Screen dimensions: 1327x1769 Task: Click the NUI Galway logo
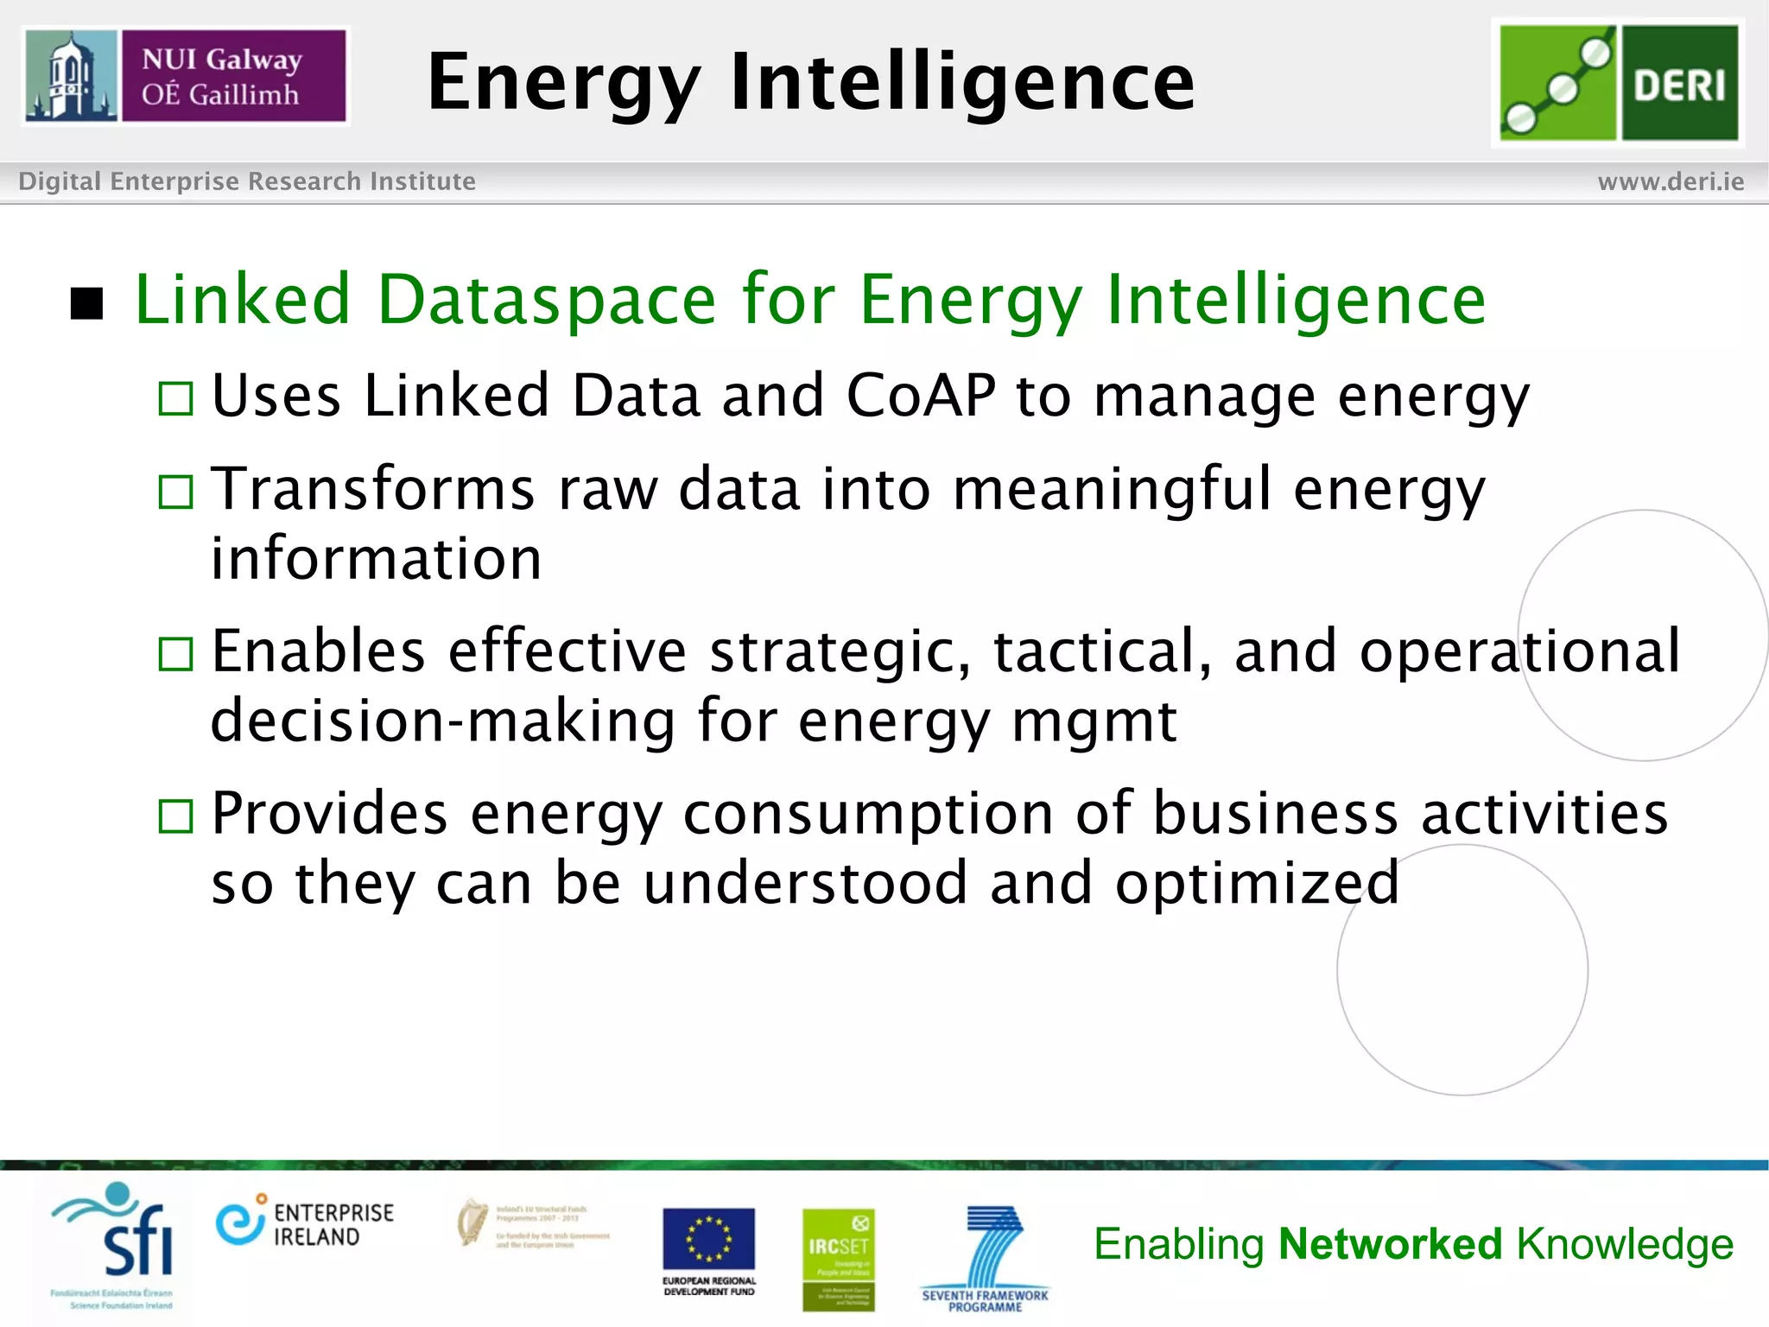pyautogui.click(x=185, y=76)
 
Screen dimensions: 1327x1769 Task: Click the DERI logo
pyautogui.click(x=1618, y=83)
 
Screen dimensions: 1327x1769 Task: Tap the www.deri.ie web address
pyautogui.click(x=1671, y=181)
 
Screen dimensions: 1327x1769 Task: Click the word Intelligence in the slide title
pyautogui.click(x=962, y=83)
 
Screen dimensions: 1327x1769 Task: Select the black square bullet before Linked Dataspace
pyautogui.click(x=87, y=304)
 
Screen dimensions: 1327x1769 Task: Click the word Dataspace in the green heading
pyautogui.click(x=547, y=300)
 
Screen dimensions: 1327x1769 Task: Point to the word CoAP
pyautogui.click(x=921, y=396)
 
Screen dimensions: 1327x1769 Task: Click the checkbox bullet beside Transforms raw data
pyautogui.click(x=176, y=492)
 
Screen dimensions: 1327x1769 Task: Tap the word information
pyautogui.click(x=377, y=558)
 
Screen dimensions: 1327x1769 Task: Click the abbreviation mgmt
pyautogui.click(x=1094, y=721)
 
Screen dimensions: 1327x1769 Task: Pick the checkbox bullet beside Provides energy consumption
pyautogui.click(x=176, y=816)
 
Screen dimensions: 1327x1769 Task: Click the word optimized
pyautogui.click(x=1257, y=884)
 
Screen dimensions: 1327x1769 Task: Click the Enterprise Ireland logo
pyautogui.click(x=304, y=1223)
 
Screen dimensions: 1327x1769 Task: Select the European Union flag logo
pyautogui.click(x=708, y=1239)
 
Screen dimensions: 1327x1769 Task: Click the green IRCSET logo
pyautogui.click(x=838, y=1258)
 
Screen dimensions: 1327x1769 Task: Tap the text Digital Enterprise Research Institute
pyautogui.click(x=247, y=181)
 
